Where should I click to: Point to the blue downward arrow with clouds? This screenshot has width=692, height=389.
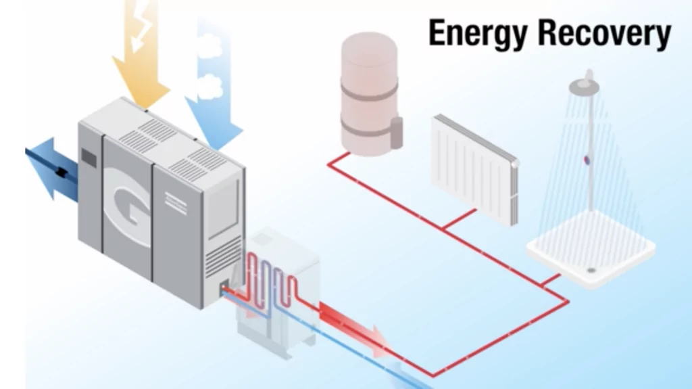click(x=213, y=88)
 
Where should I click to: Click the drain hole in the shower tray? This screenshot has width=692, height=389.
click(x=591, y=269)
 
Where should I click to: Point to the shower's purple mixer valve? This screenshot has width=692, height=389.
click(x=587, y=160)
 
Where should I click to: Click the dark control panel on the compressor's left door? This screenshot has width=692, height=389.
click(x=89, y=156)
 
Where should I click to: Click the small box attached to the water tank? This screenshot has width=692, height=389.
click(x=397, y=131)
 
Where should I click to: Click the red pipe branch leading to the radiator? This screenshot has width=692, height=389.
click(x=460, y=221)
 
